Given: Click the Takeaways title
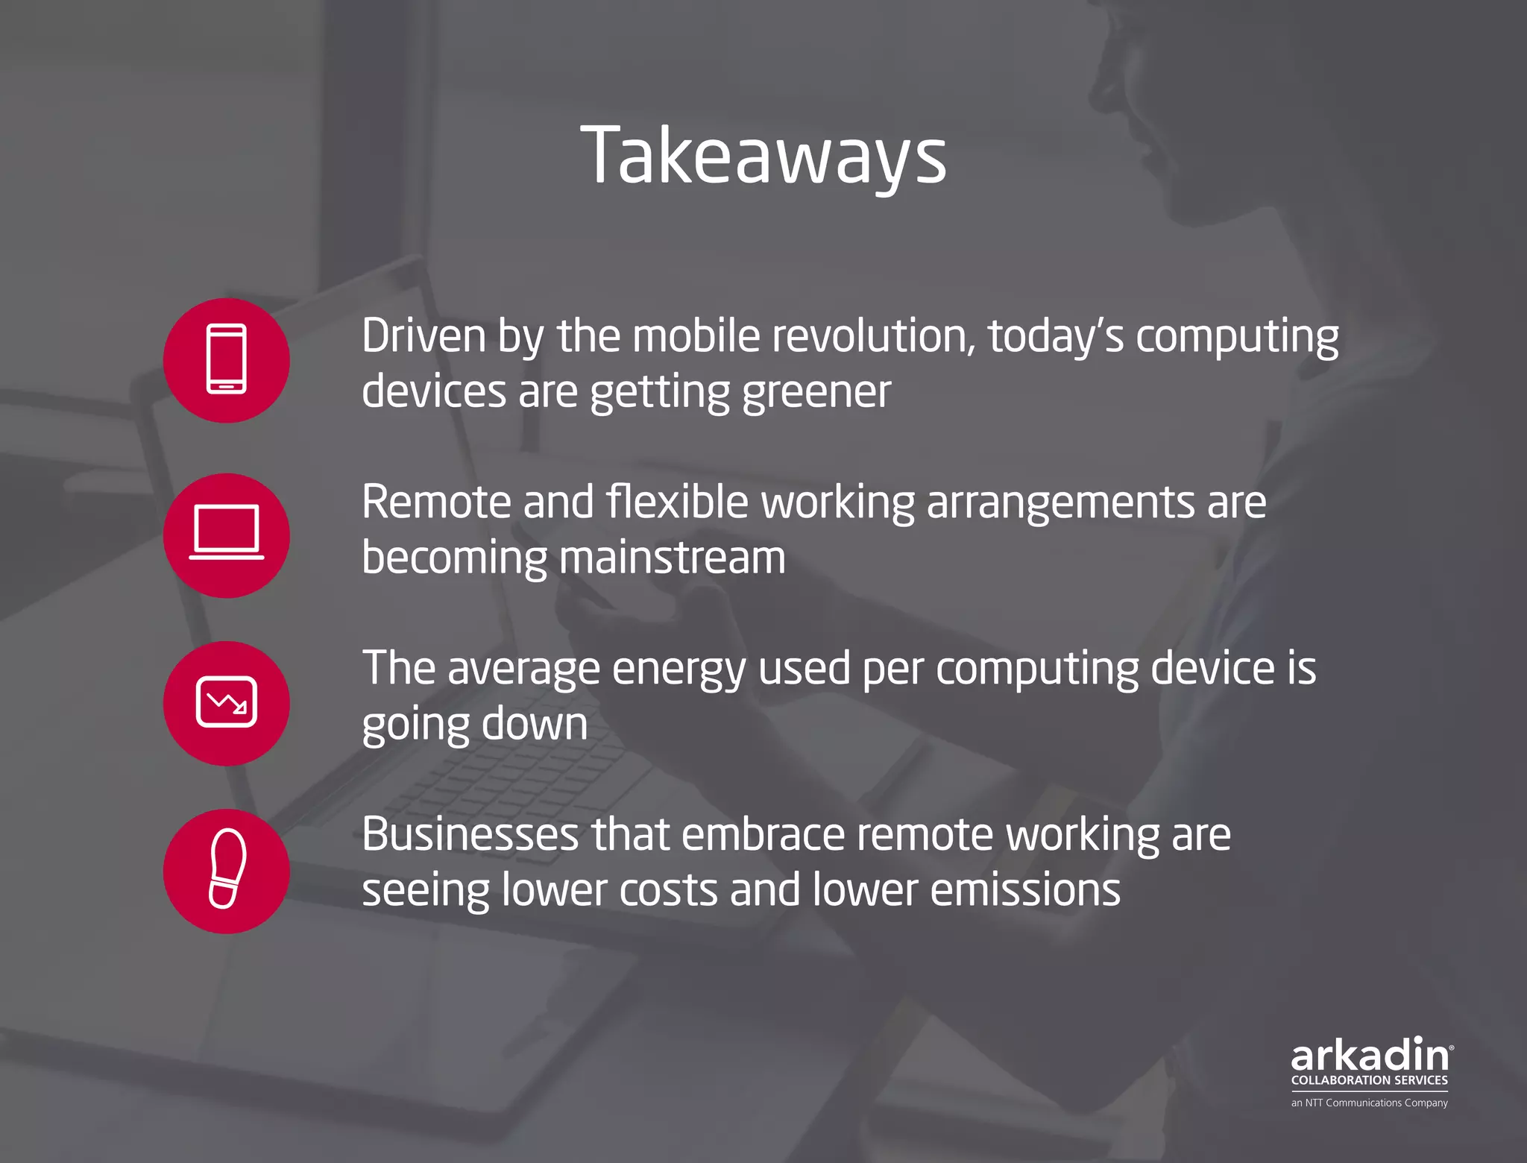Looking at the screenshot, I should [x=763, y=157].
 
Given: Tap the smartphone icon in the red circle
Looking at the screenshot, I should [x=227, y=360].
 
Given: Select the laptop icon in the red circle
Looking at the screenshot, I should [x=227, y=533].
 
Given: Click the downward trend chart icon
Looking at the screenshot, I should [x=227, y=702].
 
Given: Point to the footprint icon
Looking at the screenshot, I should [x=227, y=869].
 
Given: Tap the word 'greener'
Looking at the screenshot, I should [x=816, y=392].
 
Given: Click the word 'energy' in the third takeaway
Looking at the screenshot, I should [x=679, y=669].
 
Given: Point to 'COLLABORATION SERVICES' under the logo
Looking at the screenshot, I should [x=1370, y=1080].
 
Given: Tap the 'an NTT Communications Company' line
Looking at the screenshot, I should [x=1370, y=1103].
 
